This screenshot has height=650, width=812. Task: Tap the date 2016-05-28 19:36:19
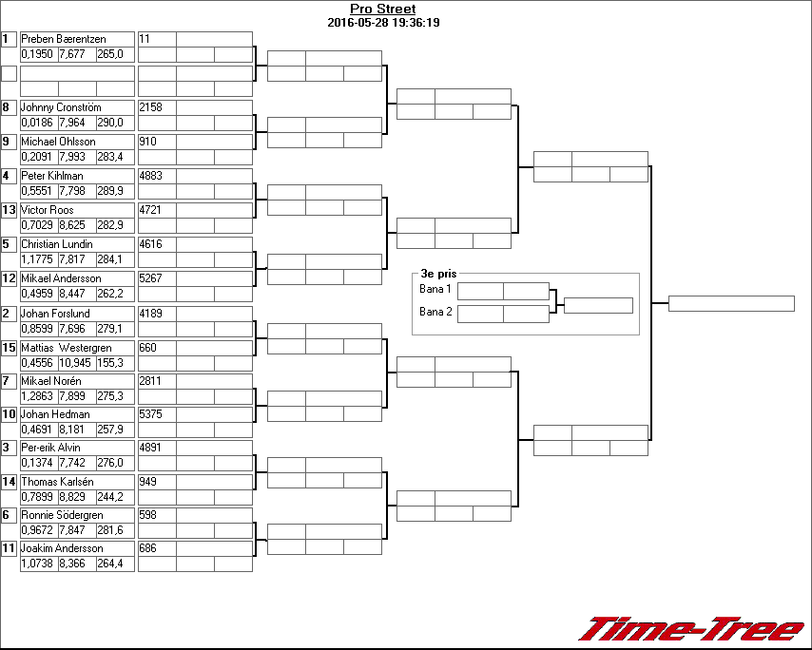coord(382,23)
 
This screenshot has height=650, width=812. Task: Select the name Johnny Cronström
coord(61,107)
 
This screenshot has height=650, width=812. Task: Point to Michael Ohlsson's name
coord(58,142)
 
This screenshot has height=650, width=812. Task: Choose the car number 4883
coord(151,176)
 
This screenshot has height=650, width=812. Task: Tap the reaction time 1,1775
coord(38,259)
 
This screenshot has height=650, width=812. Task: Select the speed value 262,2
coord(110,294)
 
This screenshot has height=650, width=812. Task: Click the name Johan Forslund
coord(55,314)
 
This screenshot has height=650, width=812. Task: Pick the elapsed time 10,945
coord(76,363)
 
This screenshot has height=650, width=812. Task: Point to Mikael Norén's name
coord(53,381)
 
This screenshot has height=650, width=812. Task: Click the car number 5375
coord(151,414)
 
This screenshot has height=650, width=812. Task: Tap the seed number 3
coord(7,448)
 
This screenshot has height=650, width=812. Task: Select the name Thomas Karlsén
coord(57,482)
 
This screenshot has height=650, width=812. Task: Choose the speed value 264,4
coord(110,564)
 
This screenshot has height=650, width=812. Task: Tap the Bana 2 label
coord(435,311)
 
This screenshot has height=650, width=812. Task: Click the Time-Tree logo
coord(691,629)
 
